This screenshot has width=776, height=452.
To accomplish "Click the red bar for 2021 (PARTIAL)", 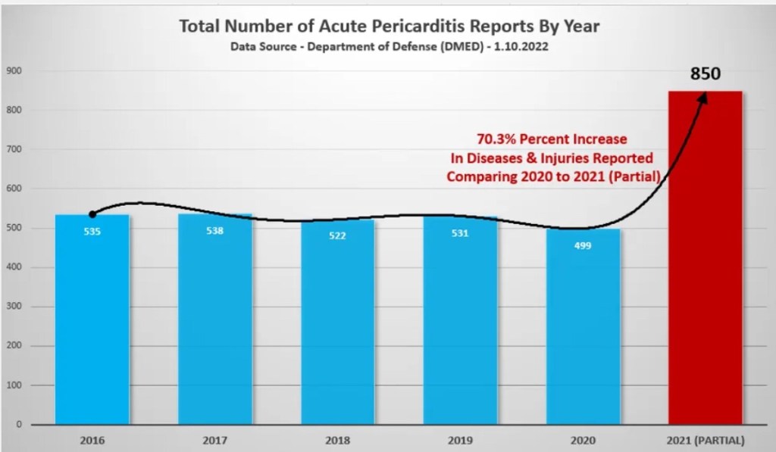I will click(705, 257).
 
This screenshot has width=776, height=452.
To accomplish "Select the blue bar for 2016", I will click(92, 326).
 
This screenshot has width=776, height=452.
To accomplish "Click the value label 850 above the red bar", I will click(705, 74).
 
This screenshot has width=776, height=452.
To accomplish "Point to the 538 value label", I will click(214, 231).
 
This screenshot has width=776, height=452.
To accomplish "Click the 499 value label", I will click(582, 245).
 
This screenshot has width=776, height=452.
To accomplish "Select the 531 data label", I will click(459, 233).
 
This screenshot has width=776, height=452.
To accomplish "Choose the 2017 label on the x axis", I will click(214, 440).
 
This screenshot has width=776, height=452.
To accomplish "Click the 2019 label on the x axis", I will click(459, 440).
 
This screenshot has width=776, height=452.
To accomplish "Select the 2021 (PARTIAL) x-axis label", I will click(705, 440).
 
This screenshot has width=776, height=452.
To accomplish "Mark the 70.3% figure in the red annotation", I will click(496, 139).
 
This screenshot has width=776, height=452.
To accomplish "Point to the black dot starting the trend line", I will click(92, 214).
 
